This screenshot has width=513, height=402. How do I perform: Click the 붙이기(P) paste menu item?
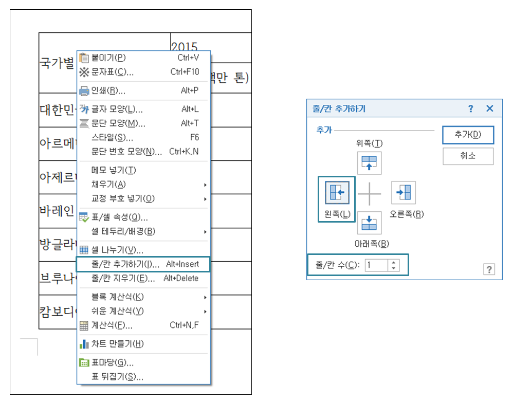[x=108, y=58]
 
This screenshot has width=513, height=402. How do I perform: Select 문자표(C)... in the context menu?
[x=112, y=72]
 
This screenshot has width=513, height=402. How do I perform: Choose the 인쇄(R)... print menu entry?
[x=108, y=91]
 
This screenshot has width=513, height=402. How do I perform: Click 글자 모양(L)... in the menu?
[x=117, y=109]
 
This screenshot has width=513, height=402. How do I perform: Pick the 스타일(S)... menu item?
[x=112, y=138]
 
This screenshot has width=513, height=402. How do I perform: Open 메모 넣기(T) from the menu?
[x=114, y=170]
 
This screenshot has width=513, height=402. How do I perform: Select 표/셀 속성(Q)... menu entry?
[x=119, y=217]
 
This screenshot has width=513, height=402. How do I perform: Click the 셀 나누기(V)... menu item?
[x=117, y=250]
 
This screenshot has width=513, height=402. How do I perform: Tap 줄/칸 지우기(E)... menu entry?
[x=123, y=279]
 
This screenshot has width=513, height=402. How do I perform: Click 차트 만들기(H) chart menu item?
[x=117, y=344]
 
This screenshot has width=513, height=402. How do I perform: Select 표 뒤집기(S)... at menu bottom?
[x=117, y=377]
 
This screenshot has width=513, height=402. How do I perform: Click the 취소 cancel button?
[x=468, y=156]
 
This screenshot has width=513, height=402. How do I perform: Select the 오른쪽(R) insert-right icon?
[x=404, y=193]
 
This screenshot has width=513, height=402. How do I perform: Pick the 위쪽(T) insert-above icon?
[x=370, y=163]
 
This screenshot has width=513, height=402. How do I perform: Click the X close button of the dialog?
[x=489, y=108]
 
